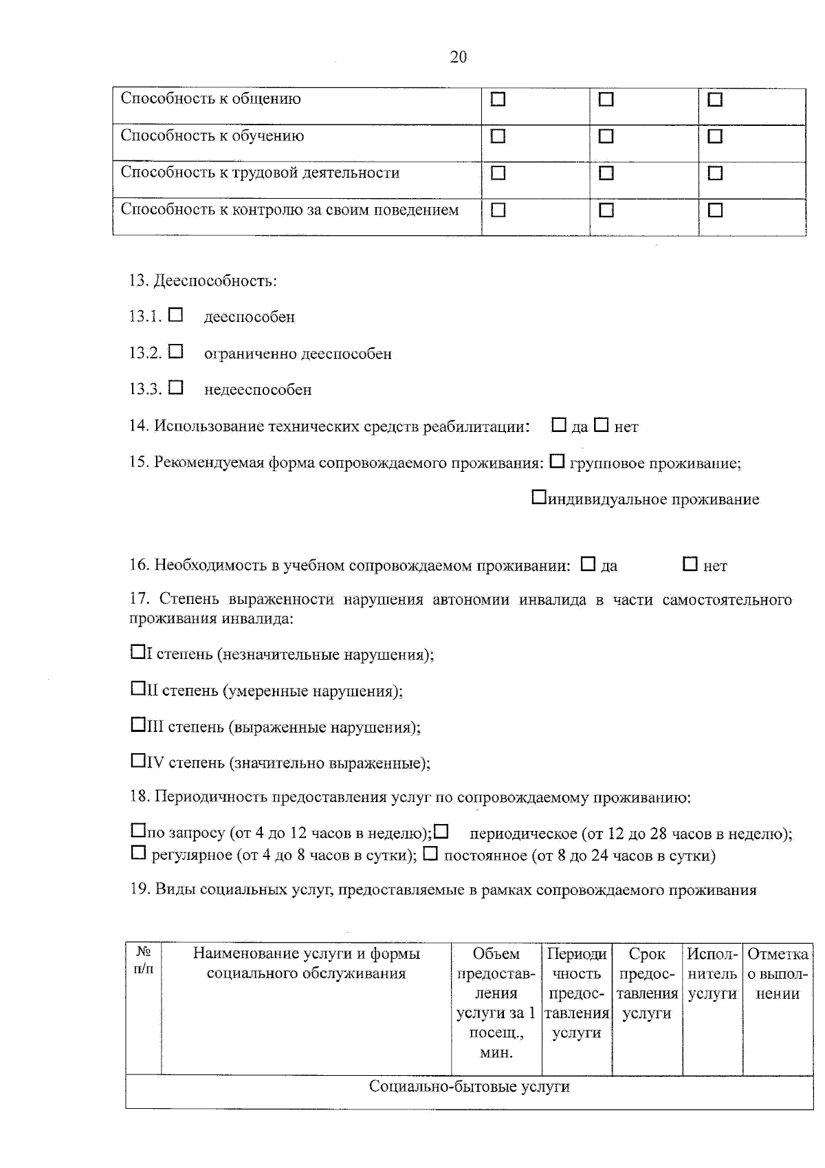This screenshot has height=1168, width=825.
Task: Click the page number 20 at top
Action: [x=458, y=57]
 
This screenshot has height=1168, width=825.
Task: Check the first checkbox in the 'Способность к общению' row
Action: [x=498, y=100]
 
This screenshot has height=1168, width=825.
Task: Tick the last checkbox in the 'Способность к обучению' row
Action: [x=715, y=137]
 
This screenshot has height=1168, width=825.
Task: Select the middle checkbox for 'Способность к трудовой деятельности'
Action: [x=606, y=173]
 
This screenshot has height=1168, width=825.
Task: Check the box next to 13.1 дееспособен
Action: [x=176, y=315]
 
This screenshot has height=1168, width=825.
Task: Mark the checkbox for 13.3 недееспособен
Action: [x=176, y=388]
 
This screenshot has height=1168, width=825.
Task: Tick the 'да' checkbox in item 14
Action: [x=559, y=425]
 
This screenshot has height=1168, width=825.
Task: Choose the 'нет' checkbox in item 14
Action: [x=602, y=425]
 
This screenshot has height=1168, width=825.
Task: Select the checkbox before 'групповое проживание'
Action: [x=558, y=462]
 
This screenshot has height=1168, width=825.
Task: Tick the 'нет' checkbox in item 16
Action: [x=690, y=564]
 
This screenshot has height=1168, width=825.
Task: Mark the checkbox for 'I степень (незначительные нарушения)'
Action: [x=137, y=651]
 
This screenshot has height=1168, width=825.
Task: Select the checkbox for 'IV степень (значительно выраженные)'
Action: [x=137, y=760]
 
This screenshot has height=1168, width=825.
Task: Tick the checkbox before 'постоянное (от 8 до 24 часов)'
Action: [x=430, y=854]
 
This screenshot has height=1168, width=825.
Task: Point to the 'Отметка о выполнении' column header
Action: [x=777, y=973]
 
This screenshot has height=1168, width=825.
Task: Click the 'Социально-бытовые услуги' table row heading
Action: [x=469, y=1087]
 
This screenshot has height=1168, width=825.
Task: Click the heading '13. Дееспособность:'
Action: [x=203, y=281]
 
